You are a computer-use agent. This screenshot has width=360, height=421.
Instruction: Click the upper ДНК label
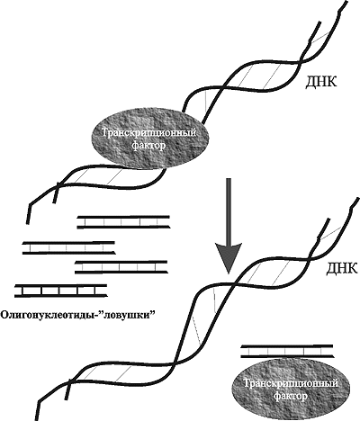pos(320,82)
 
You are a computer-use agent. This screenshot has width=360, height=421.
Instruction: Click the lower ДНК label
pos(342,268)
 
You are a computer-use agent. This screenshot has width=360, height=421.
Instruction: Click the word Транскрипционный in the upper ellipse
pos(149,133)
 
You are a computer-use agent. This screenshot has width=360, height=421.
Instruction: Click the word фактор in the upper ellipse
pos(148,147)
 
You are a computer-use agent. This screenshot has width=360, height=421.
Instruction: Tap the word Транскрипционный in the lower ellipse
pos(291,383)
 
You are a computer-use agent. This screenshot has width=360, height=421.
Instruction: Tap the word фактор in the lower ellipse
pos(291,397)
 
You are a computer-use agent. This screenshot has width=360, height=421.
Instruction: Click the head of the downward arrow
pos(229,258)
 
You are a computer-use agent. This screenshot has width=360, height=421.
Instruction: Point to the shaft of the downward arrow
pos(229,210)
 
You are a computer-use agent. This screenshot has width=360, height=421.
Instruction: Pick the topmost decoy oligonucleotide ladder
pos(123,221)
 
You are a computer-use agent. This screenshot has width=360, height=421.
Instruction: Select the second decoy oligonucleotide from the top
pos(69,247)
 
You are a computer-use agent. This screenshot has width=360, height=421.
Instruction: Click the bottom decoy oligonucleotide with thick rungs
pos(61,291)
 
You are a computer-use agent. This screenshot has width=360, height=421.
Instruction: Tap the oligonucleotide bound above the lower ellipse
pos(287,351)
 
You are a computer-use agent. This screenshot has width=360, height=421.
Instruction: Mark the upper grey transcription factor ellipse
pos(149,139)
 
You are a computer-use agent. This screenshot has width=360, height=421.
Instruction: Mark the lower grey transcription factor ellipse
pos(291,389)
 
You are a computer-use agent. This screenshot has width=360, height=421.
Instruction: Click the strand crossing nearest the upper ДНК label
pos(300,62)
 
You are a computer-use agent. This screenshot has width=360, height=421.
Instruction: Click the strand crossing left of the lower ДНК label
pos(235,282)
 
